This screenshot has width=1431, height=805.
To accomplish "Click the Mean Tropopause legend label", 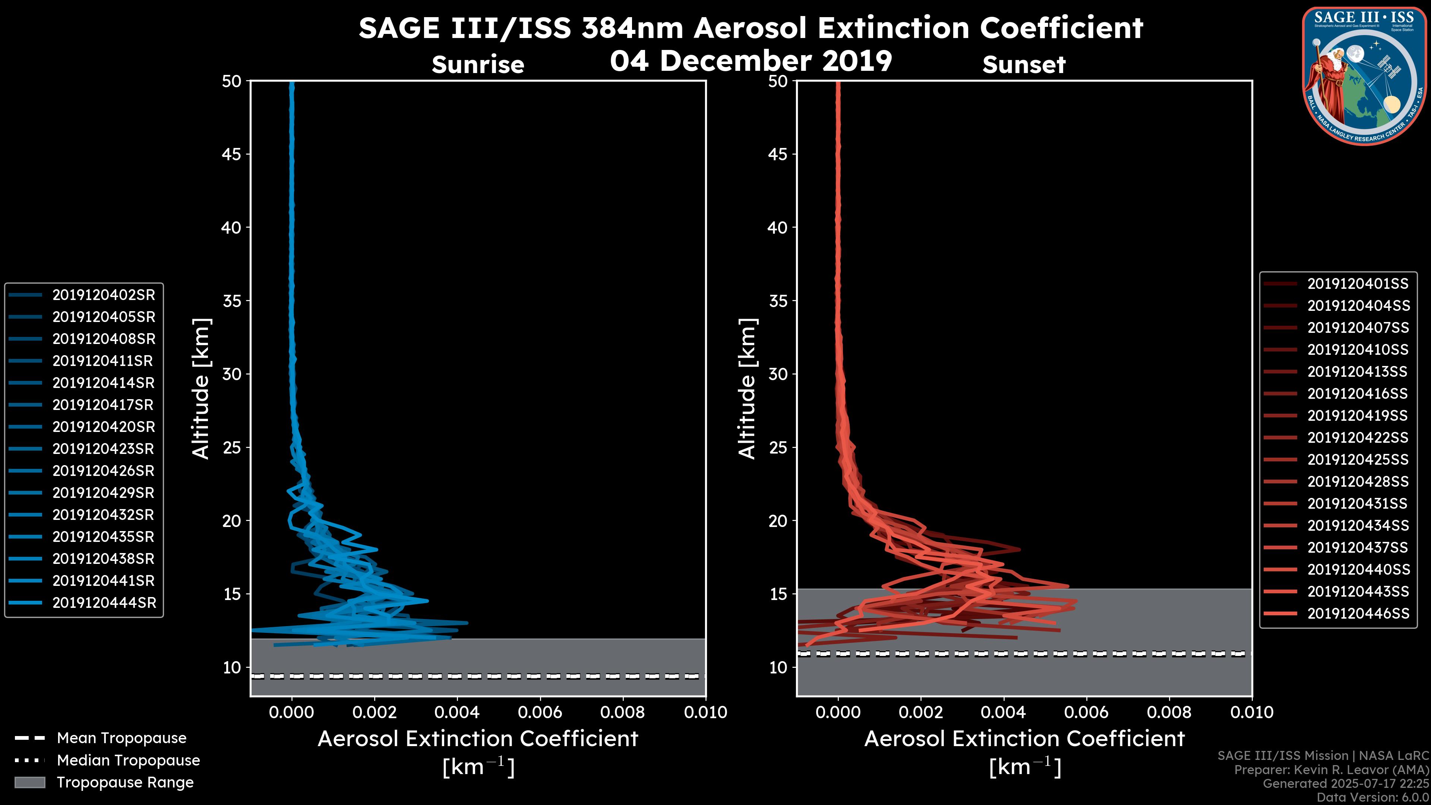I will [x=121, y=738].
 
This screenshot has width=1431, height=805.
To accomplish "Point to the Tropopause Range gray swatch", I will [x=29, y=782].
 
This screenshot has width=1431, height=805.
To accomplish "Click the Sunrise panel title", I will [x=478, y=64].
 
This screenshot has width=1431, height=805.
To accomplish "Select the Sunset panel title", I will [x=1024, y=64].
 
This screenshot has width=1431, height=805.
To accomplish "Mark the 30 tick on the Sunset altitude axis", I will [x=778, y=374].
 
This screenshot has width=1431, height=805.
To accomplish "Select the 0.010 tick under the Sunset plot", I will [x=1252, y=712].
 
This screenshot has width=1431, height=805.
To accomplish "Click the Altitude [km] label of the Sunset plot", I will [x=747, y=389].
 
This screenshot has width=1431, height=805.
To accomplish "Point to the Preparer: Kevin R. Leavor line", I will [x=1331, y=770].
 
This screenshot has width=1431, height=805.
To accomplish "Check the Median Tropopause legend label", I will [x=128, y=760].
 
